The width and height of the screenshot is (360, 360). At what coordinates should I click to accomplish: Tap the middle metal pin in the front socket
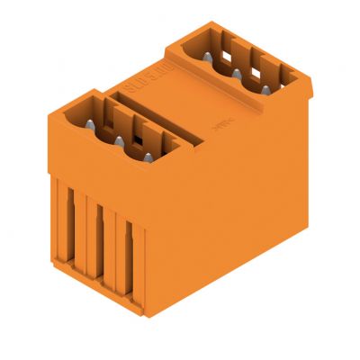point(119,140)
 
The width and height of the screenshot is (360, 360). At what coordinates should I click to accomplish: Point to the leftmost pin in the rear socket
point(208,56)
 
